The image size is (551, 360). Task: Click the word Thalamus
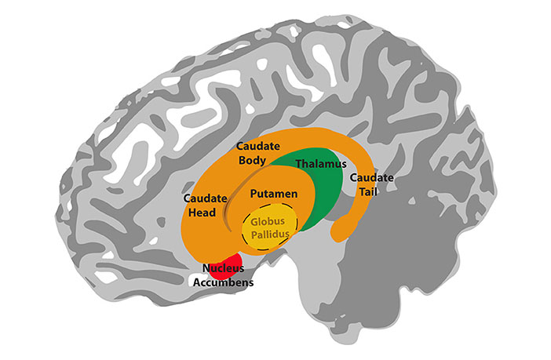[321, 165]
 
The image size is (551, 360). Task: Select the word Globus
[268, 221]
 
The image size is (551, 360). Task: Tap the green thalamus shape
[322, 196]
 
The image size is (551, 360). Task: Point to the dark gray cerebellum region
[424, 259]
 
